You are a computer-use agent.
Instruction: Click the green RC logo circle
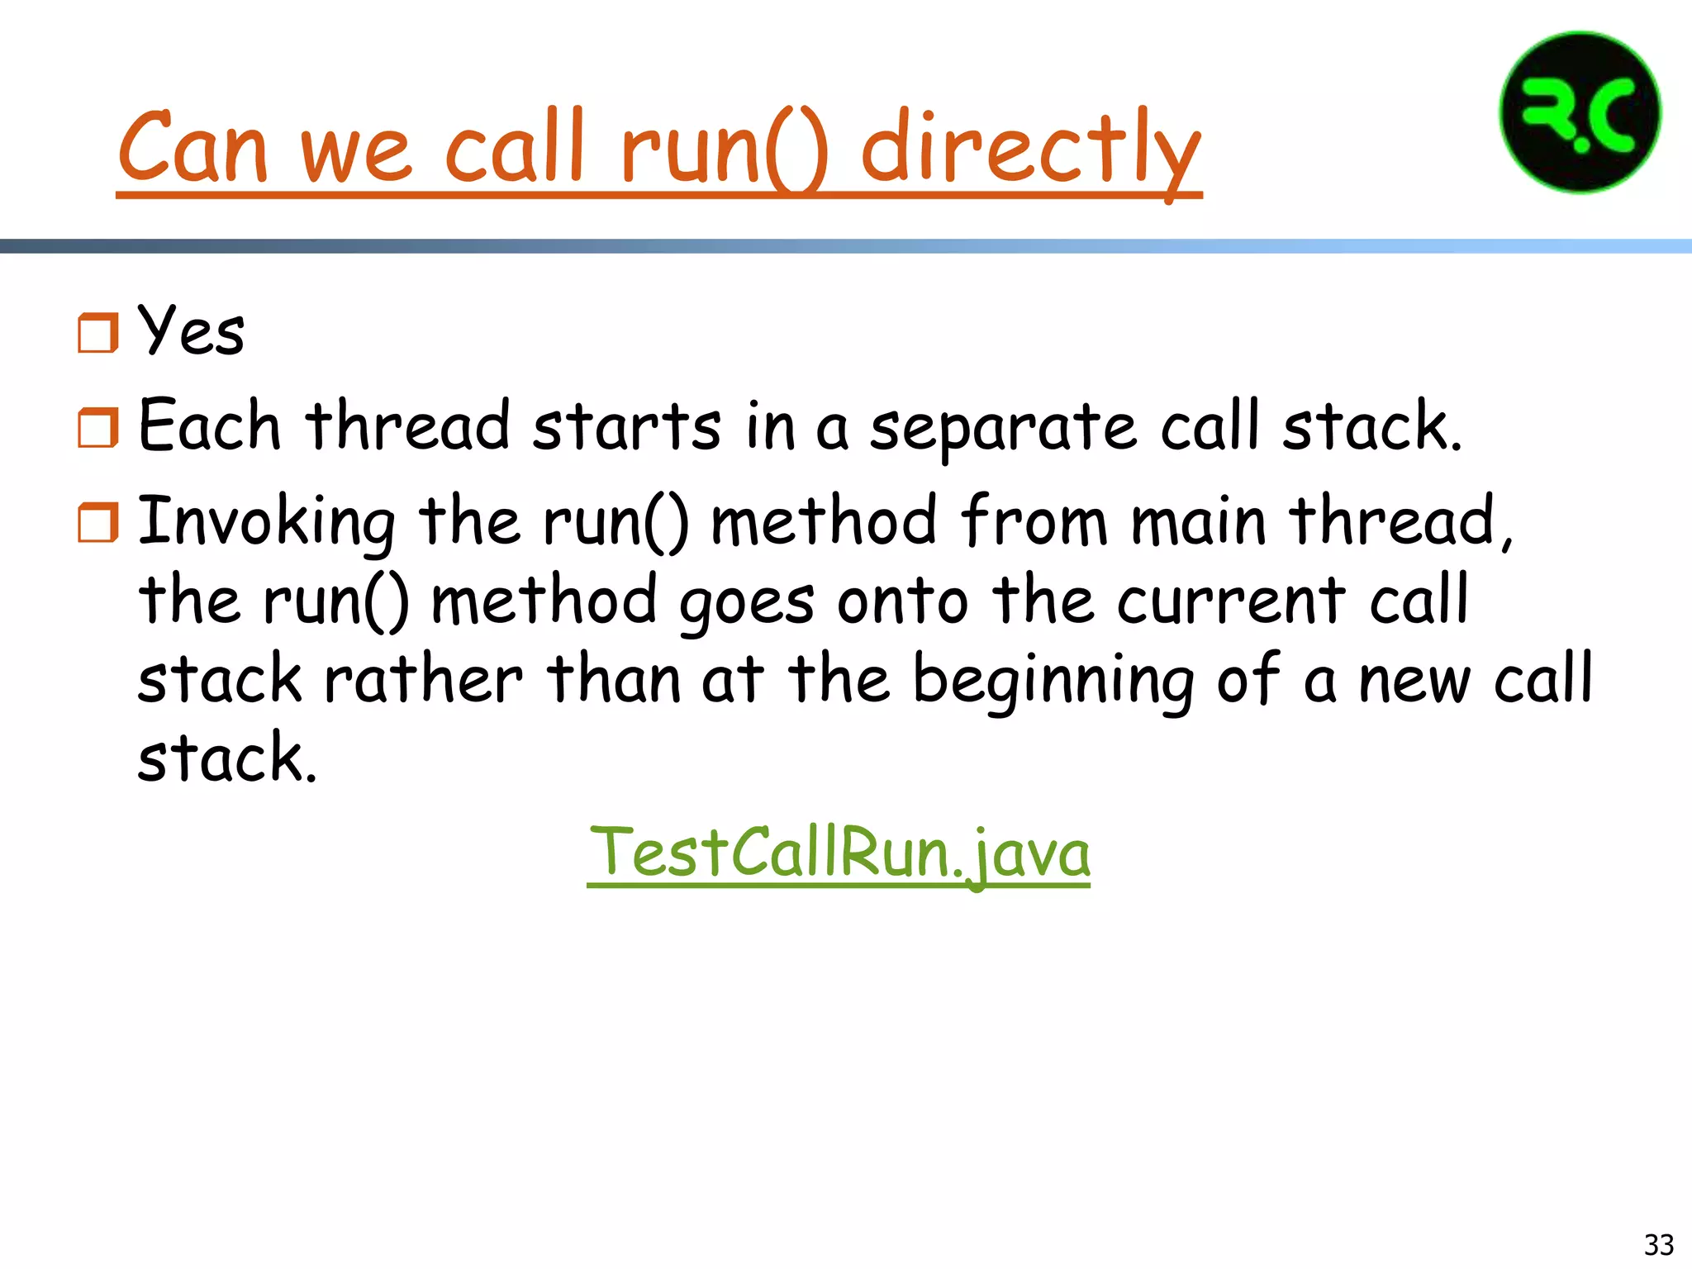[1580, 112]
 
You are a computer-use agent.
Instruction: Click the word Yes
[191, 330]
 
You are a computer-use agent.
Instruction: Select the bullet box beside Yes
[98, 333]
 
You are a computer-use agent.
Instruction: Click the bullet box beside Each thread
[98, 427]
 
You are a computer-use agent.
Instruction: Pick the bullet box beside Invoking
[98, 522]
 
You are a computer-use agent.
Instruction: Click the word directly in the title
[1030, 149]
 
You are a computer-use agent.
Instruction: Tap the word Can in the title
[192, 149]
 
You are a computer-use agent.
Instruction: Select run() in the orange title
[723, 149]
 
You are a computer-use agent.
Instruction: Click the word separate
[1003, 428]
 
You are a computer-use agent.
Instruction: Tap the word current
[1231, 601]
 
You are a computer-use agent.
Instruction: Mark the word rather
[423, 680]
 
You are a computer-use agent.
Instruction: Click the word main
[1198, 522]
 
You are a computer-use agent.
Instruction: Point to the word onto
[902, 601]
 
